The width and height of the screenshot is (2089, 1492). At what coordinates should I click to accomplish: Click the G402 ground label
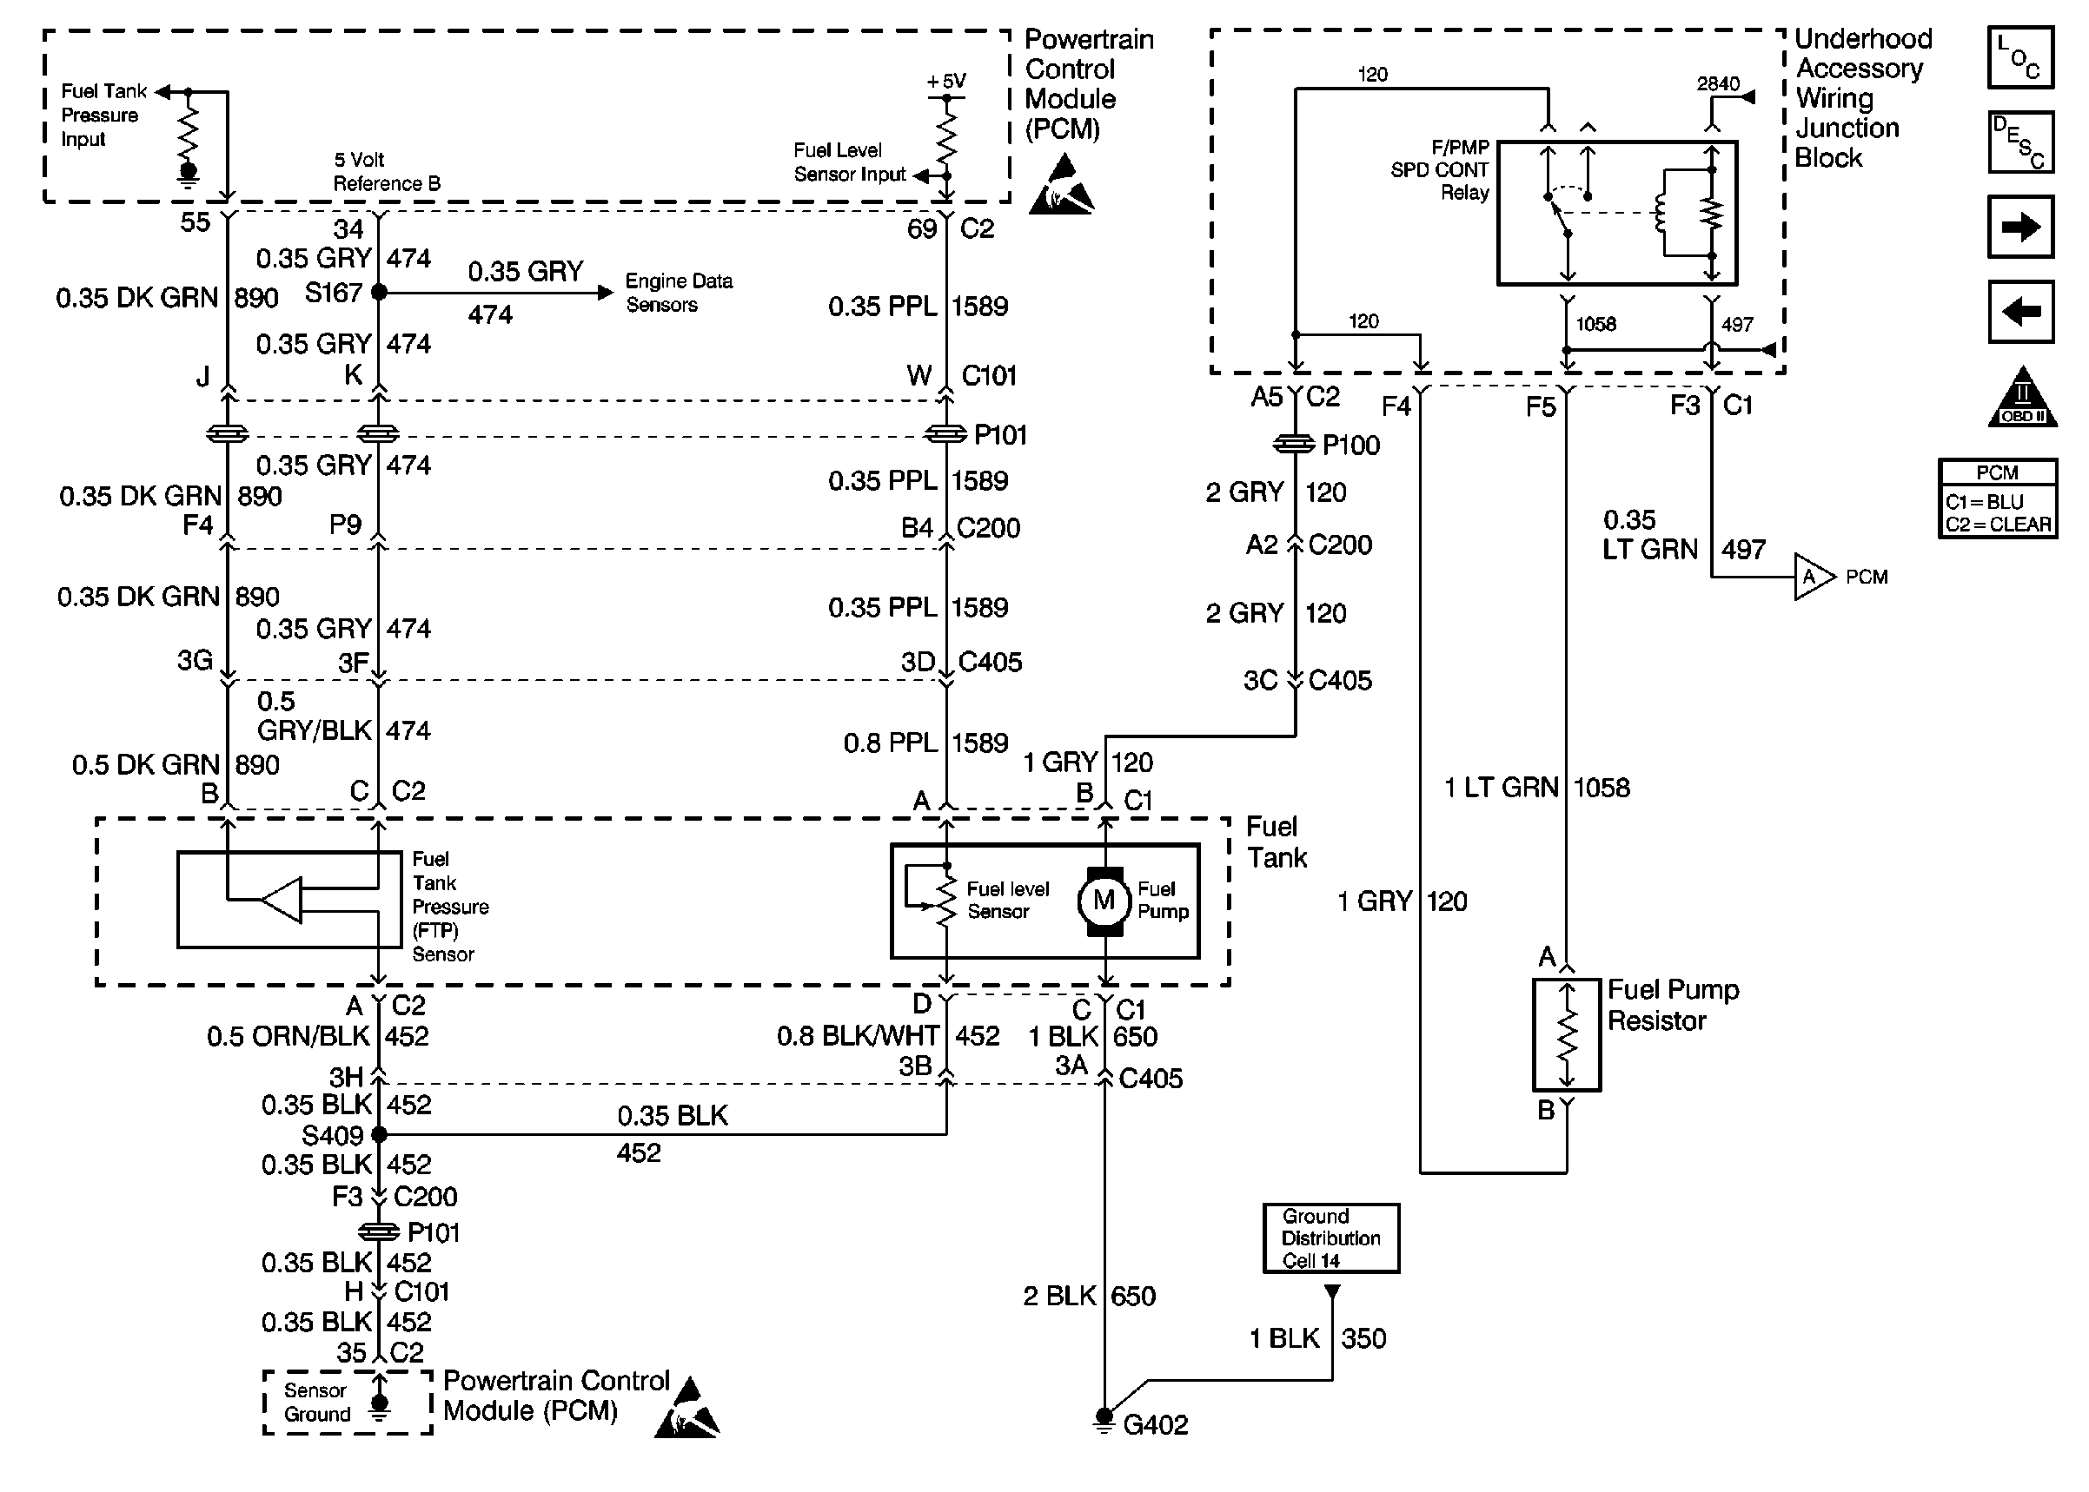1155,1425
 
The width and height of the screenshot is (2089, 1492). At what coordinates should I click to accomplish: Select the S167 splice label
333,293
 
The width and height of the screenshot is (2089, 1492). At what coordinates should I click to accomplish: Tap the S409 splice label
332,1136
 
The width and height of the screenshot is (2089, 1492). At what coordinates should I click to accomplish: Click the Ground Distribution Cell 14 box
1330,1238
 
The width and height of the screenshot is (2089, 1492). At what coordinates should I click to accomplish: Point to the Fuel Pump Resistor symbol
1566,1035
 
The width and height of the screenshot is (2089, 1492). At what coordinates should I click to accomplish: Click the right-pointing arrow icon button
2019,227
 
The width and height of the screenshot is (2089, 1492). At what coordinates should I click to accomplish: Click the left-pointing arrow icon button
2019,313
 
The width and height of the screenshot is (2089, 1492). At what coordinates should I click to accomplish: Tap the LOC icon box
2019,58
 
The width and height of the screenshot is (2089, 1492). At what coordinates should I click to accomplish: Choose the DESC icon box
2019,142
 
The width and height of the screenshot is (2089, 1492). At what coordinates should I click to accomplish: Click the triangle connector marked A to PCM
1812,577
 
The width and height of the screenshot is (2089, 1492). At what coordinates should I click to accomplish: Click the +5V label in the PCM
946,81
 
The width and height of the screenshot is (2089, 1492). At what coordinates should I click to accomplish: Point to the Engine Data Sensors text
679,293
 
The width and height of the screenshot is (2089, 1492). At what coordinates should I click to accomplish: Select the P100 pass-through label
1350,446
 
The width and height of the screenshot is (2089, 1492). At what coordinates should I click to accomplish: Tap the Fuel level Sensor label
1007,901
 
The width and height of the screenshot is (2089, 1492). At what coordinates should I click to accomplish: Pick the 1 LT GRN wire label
1501,789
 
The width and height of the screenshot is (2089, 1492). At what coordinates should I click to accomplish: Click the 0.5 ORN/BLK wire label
288,1037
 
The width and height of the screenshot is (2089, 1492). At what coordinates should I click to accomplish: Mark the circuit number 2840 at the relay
1717,84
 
